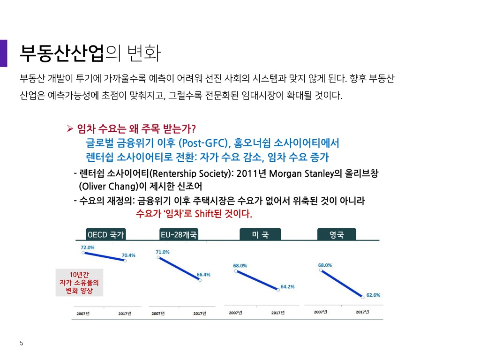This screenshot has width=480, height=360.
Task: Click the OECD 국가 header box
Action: (x=105, y=234)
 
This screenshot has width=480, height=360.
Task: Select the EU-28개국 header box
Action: (x=179, y=234)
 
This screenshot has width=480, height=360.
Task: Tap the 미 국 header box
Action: (x=260, y=234)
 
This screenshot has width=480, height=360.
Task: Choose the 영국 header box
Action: (x=337, y=234)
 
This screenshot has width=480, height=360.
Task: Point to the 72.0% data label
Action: (x=88, y=247)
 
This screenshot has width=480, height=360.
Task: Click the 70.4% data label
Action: (x=128, y=255)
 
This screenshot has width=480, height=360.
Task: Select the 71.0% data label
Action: (x=163, y=252)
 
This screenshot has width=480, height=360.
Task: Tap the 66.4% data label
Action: (x=203, y=275)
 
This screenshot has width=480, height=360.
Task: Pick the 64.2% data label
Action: (x=287, y=286)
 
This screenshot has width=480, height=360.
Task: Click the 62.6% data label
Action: (x=373, y=295)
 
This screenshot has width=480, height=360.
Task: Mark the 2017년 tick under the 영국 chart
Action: (x=362, y=312)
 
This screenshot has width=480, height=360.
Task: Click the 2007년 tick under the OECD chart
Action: (x=83, y=314)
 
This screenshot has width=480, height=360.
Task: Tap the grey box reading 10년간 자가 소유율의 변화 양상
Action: (x=79, y=283)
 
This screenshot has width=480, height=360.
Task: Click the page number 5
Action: (x=22, y=343)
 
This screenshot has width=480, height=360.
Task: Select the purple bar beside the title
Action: (x=3, y=53)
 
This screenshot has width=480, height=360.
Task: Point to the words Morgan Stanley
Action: (x=300, y=173)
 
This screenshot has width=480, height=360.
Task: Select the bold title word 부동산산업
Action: (x=62, y=53)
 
